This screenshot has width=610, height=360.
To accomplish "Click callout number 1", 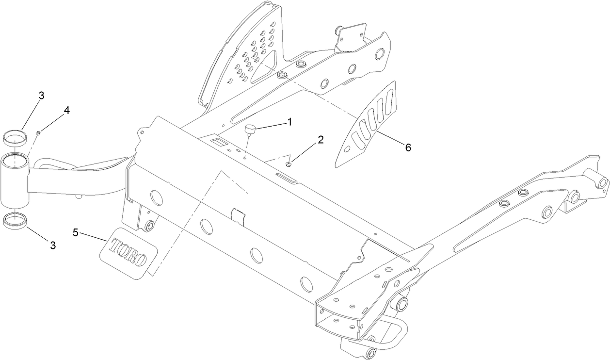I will coord(289,122).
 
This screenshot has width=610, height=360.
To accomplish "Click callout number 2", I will coord(321,140).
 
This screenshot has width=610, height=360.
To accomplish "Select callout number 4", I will coord(66,110).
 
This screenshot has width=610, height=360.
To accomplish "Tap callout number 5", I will coord(75,232).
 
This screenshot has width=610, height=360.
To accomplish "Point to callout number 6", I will coord(408,147).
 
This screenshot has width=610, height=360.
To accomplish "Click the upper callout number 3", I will coord(41,96).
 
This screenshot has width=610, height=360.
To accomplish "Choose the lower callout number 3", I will coord(53,245).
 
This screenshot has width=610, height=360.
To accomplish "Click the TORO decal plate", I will coord(129,253).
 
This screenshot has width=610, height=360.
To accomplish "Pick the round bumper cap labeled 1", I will coord(250,130).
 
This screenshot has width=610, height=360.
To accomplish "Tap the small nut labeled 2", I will coord(289,164).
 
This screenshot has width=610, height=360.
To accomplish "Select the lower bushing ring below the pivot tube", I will coord(15,221).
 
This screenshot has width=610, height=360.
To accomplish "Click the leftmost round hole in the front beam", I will coord(156,197).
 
